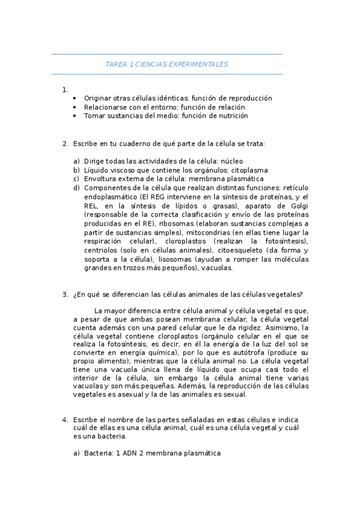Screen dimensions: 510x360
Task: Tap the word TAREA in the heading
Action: [x=115, y=64]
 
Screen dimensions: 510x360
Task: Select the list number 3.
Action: [x=64, y=294]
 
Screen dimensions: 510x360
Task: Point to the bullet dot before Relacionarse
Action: [x=75, y=107]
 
